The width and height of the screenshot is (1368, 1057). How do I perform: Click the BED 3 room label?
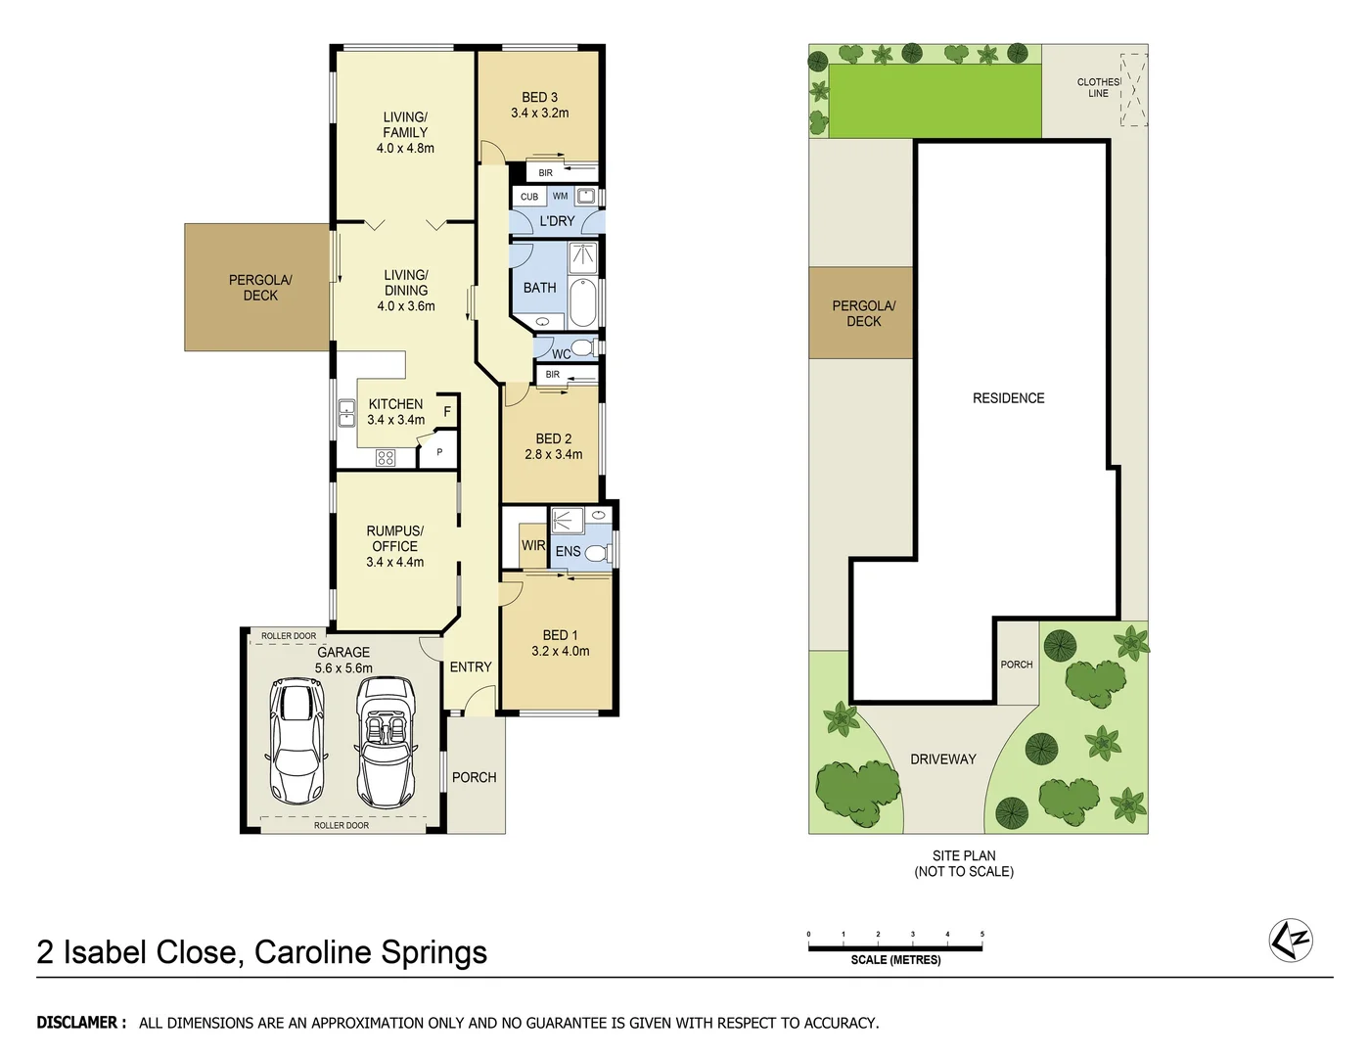(539, 98)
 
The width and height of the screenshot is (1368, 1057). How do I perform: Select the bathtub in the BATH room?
(581, 302)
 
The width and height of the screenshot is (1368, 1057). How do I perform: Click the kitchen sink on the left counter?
(346, 413)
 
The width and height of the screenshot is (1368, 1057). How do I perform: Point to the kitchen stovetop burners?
(386, 457)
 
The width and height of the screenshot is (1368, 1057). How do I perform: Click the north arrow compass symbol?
(1290, 941)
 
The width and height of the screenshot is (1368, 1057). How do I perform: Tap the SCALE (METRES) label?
(895, 960)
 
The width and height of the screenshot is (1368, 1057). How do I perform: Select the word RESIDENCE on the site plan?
(1008, 398)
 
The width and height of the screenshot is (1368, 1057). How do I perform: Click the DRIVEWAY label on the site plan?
(942, 759)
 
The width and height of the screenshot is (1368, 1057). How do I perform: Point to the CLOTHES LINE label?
(1098, 88)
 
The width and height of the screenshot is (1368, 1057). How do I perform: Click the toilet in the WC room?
(582, 346)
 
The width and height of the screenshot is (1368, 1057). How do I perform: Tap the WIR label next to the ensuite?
(533, 546)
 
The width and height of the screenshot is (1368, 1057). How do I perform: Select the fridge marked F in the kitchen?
(447, 412)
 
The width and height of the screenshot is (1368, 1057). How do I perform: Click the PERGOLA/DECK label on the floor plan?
(260, 288)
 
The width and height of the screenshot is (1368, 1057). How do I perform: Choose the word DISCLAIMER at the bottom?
(81, 1023)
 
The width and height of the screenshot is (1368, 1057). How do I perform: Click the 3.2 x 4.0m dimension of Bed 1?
(560, 652)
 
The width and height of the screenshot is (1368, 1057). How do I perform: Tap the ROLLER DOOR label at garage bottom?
(342, 826)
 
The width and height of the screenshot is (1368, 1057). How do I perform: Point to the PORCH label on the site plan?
(1016, 665)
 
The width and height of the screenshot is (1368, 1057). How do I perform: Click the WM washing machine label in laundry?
(560, 197)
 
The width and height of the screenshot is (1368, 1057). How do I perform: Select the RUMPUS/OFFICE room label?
(394, 538)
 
